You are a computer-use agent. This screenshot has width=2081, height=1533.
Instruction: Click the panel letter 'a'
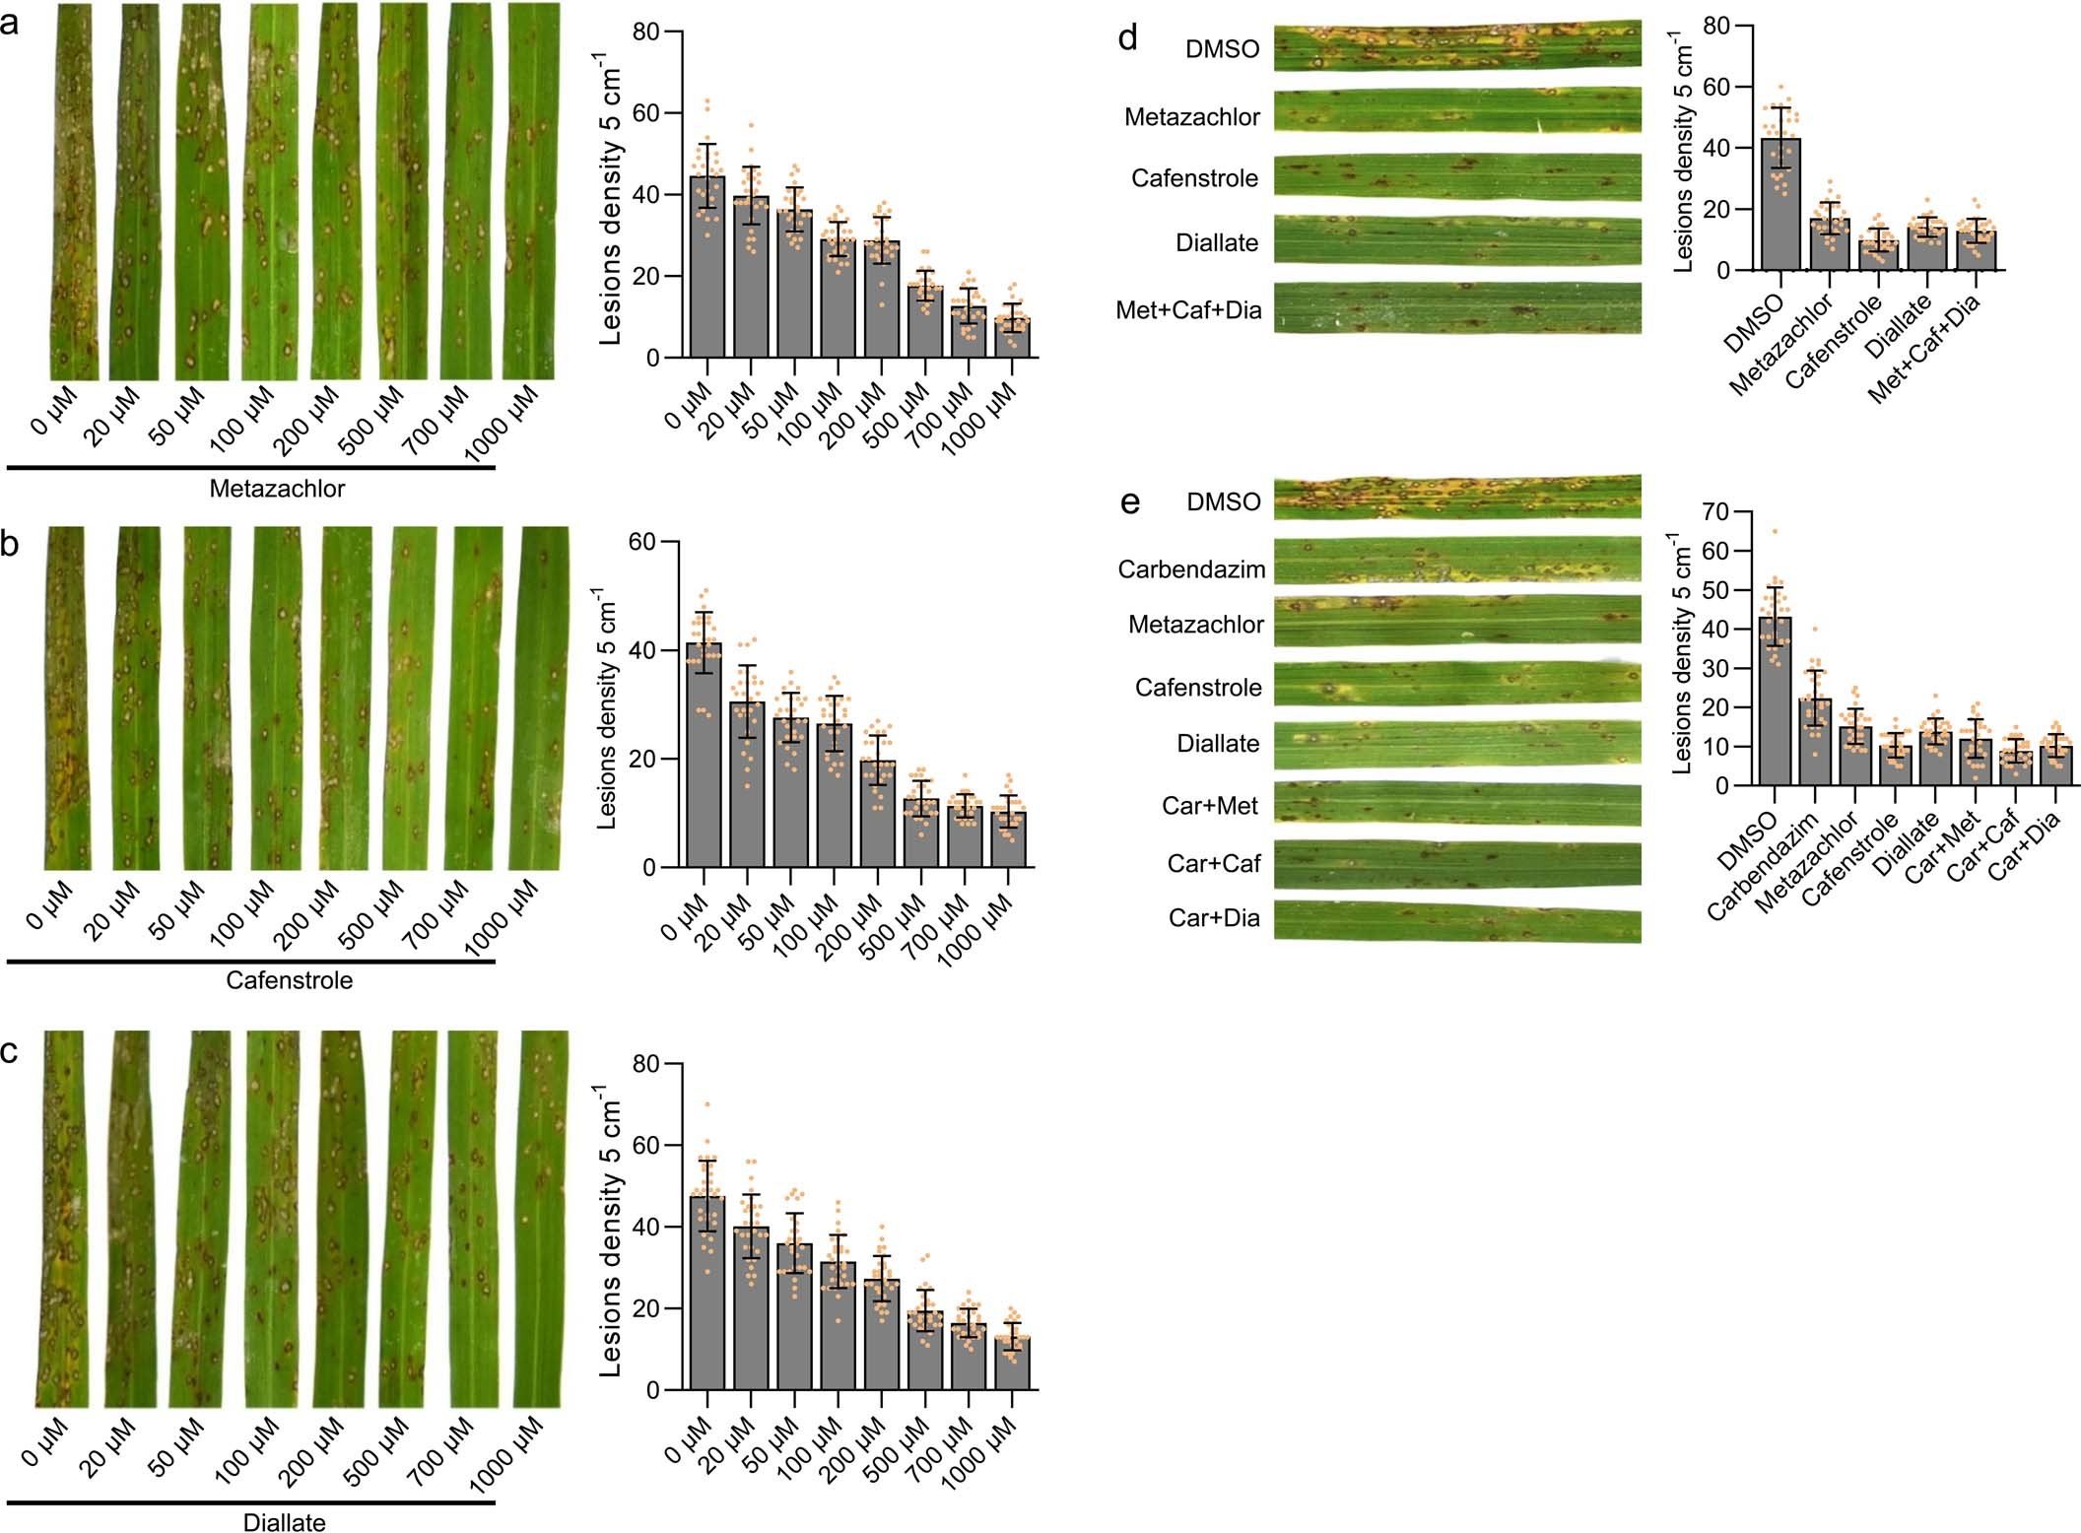tap(9, 23)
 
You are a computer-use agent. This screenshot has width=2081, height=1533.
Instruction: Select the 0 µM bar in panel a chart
tap(706, 266)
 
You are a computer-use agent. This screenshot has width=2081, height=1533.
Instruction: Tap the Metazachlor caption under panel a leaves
tap(277, 489)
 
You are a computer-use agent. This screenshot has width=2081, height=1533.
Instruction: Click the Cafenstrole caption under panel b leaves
tap(289, 980)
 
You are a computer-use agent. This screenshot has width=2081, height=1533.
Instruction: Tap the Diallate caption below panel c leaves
tap(284, 1522)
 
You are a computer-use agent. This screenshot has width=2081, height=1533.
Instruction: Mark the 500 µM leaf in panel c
tap(413, 1218)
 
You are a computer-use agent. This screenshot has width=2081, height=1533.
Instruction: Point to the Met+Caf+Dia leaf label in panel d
tap(1188, 310)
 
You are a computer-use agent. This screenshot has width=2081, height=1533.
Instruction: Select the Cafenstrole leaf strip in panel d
tap(1456, 177)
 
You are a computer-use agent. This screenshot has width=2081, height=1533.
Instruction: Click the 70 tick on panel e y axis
tap(1715, 511)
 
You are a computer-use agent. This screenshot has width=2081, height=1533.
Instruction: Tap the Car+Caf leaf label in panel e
tap(1213, 864)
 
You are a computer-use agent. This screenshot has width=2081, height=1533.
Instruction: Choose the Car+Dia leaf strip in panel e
tap(1456, 920)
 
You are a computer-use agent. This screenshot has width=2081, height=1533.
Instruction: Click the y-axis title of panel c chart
tap(610, 1232)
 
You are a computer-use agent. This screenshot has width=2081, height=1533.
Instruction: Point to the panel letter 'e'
tap(1130, 502)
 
